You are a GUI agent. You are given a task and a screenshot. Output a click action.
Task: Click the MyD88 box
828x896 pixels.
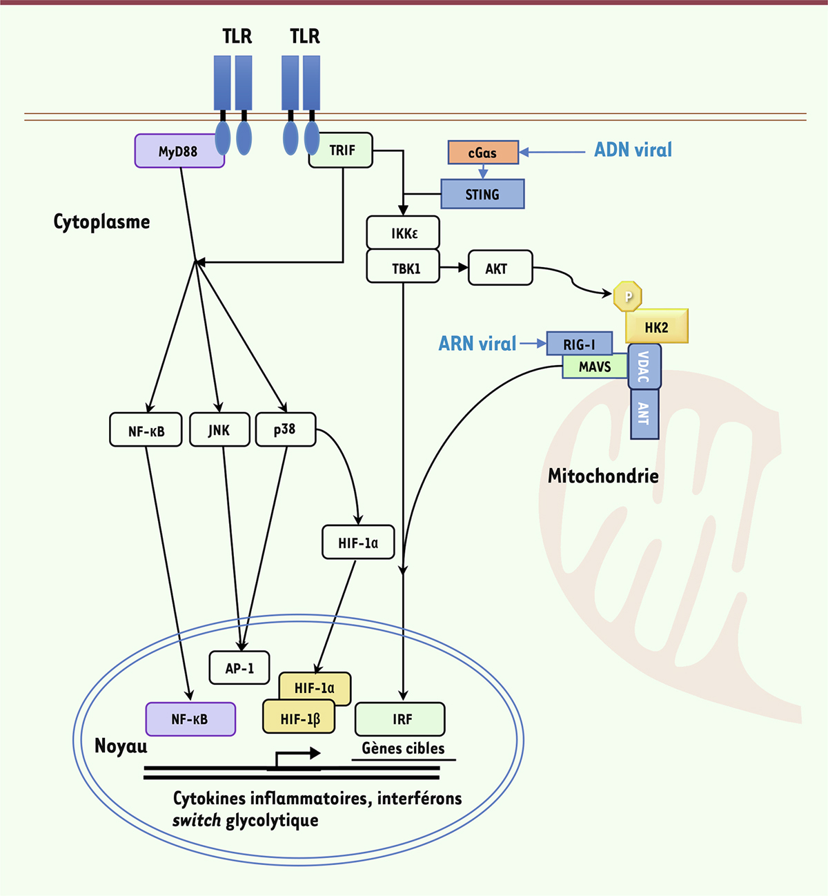tap(178, 151)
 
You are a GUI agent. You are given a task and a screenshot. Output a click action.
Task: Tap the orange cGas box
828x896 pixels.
tap(483, 153)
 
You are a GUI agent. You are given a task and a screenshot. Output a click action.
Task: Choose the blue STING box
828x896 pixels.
tap(482, 194)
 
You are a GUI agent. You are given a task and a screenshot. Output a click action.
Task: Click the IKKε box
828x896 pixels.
tap(403, 233)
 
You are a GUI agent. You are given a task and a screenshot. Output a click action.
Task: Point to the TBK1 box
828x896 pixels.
tap(403, 268)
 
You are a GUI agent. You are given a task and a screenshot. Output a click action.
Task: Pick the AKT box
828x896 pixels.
tap(500, 268)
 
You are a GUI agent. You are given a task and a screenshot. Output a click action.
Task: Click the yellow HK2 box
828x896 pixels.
tap(656, 327)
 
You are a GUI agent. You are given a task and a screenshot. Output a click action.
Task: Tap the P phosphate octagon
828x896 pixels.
tap(628, 297)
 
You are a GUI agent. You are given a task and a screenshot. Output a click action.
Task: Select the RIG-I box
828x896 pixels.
tap(579, 344)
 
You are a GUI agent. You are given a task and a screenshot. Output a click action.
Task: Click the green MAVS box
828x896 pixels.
tap(594, 367)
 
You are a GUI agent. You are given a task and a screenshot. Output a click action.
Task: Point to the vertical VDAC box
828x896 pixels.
tap(644, 367)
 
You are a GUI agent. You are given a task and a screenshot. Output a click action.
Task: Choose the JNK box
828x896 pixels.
tap(219, 430)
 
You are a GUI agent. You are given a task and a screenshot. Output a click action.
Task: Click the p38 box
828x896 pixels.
tap(285, 429)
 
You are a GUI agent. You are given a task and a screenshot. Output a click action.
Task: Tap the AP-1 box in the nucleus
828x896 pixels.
tap(239, 668)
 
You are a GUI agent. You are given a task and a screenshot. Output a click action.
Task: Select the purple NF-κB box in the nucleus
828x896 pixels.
tap(190, 719)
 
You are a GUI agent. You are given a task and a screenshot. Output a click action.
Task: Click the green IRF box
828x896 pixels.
tap(400, 719)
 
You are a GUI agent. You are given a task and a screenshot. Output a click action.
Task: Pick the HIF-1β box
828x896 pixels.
tap(299, 719)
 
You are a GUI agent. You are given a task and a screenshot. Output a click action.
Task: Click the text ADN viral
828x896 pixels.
tap(633, 150)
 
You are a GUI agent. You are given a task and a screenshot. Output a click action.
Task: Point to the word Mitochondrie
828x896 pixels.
tap(603, 476)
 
